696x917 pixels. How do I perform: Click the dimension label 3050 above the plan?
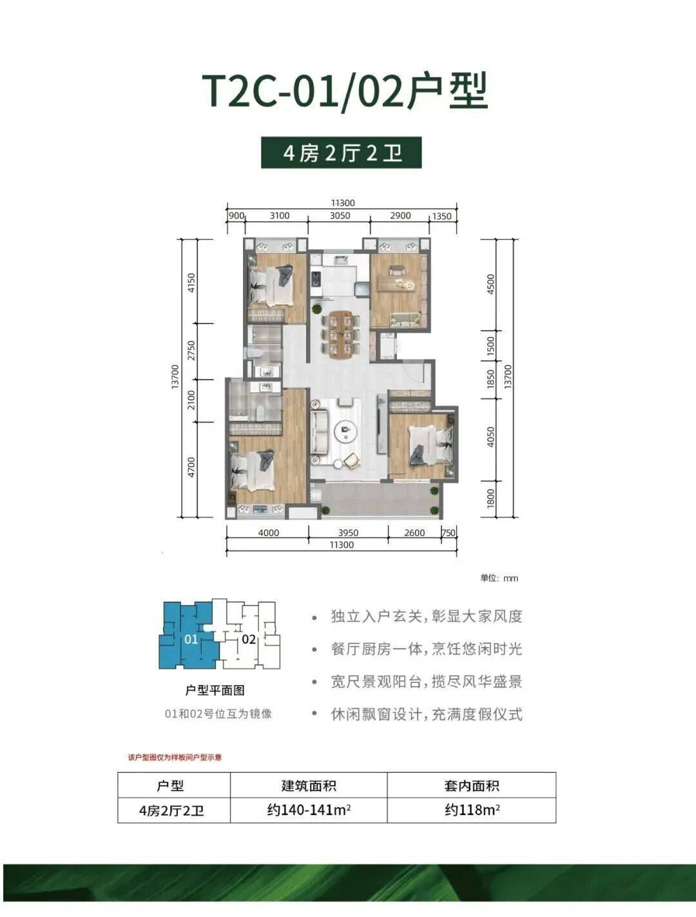click(x=340, y=216)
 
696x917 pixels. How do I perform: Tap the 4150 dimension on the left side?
click(x=191, y=282)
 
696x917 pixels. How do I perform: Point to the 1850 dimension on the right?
click(x=490, y=378)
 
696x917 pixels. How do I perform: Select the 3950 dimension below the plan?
click(x=348, y=533)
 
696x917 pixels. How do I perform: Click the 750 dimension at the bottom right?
click(x=449, y=533)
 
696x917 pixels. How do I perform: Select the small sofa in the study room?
click(x=405, y=320)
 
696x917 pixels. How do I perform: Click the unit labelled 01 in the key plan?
click(x=191, y=639)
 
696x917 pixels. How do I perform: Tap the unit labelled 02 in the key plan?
click(x=249, y=639)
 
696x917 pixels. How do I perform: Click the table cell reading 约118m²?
click(x=472, y=810)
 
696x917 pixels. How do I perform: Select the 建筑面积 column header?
click(x=309, y=786)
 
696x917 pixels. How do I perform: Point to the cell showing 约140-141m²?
click(x=309, y=810)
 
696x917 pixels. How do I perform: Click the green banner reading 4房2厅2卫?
click(x=342, y=153)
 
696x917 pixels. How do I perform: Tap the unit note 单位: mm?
click(x=499, y=578)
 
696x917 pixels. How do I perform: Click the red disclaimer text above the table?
click(x=175, y=757)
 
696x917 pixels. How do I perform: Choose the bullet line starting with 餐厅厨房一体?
click(x=427, y=649)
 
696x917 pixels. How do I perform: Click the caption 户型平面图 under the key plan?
click(x=215, y=690)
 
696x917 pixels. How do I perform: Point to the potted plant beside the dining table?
click(x=318, y=309)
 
